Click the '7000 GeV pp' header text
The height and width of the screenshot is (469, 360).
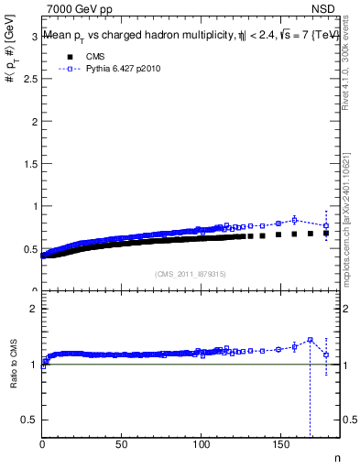[x=80, y=9]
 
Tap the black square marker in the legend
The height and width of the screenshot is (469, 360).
[x=67, y=56]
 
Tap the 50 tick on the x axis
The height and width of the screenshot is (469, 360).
[x=122, y=444]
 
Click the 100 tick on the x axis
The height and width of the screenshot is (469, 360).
[x=201, y=444]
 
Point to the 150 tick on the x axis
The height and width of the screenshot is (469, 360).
[x=280, y=444]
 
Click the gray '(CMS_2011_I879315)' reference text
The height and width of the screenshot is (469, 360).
[x=191, y=273]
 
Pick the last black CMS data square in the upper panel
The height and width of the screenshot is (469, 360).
[x=326, y=234]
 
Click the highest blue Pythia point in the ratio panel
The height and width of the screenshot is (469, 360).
[x=310, y=340]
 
